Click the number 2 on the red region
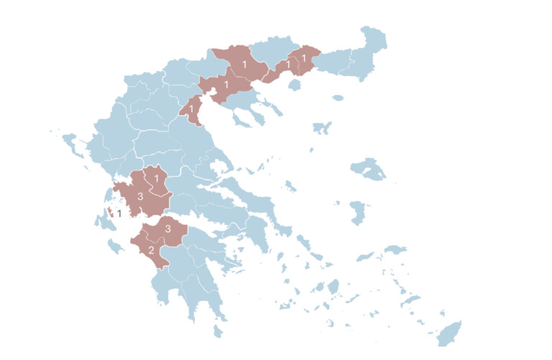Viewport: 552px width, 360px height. [151, 251]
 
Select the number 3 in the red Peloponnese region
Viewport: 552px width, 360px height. [168, 229]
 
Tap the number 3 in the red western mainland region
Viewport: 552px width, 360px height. [140, 196]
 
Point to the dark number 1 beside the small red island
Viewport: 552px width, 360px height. [119, 213]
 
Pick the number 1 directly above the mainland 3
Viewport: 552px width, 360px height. [156, 178]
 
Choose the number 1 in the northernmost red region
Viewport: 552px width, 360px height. [245, 65]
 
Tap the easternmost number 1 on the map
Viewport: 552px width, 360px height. [303, 58]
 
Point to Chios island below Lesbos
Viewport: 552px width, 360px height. [357, 213]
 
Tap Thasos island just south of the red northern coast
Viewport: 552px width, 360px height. [293, 85]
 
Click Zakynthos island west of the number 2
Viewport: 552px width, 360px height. [115, 247]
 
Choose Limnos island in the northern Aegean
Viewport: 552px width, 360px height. [323, 128]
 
